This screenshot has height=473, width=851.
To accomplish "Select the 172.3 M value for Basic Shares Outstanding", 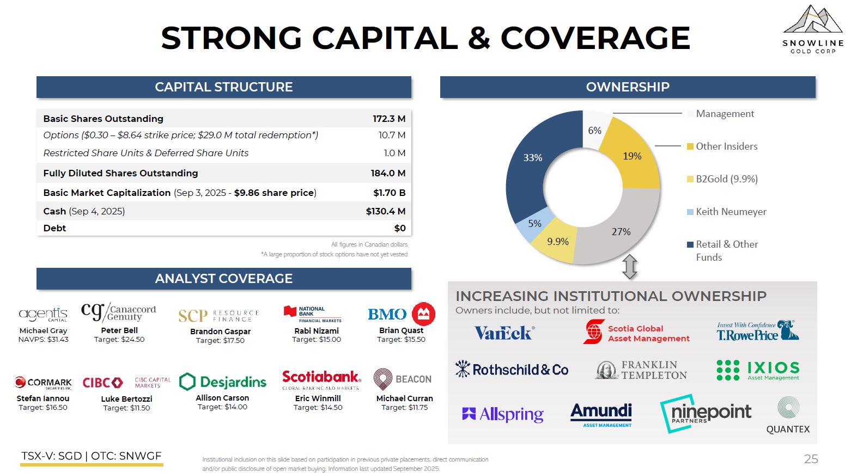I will click(x=389, y=119).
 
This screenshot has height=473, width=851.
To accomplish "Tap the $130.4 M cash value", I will click(x=386, y=211).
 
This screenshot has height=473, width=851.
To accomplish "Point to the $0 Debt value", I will click(x=400, y=228).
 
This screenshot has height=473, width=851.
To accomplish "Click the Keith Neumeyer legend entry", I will click(x=731, y=212).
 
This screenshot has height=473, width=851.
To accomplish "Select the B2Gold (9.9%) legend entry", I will click(x=726, y=179).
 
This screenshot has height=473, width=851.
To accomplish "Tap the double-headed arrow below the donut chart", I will click(x=630, y=267).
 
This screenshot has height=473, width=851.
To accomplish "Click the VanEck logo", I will click(x=504, y=333).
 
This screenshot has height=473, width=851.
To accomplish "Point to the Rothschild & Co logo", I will click(x=512, y=370).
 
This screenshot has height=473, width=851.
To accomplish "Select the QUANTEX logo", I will click(x=788, y=415).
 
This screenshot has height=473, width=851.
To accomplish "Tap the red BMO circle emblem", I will click(x=423, y=314).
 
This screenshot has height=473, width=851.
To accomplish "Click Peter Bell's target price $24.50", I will click(x=119, y=340).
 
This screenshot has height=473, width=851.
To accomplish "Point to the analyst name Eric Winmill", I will click(x=318, y=398).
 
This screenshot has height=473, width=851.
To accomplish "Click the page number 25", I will click(x=811, y=459).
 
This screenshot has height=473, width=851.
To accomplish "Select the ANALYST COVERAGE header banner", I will click(x=224, y=279).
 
